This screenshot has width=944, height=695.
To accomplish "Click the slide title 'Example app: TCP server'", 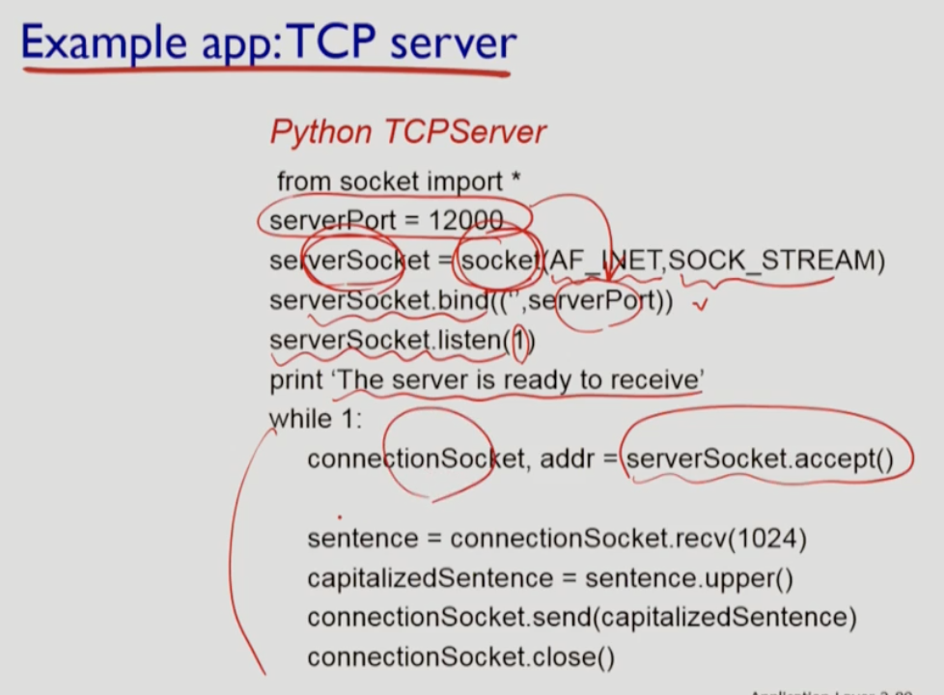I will pyautogui.click(x=268, y=43).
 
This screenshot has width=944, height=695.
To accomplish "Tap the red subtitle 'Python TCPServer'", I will pyautogui.click(x=407, y=131).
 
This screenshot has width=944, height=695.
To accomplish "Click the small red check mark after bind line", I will pyautogui.click(x=702, y=305).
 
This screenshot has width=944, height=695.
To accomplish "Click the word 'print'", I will pyautogui.click(x=296, y=380).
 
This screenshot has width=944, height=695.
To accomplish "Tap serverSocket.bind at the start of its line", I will pyautogui.click(x=379, y=301).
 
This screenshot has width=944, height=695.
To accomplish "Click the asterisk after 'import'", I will pyautogui.click(x=516, y=180).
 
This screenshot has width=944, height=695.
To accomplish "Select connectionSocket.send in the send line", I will pyautogui.click(x=450, y=618).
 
